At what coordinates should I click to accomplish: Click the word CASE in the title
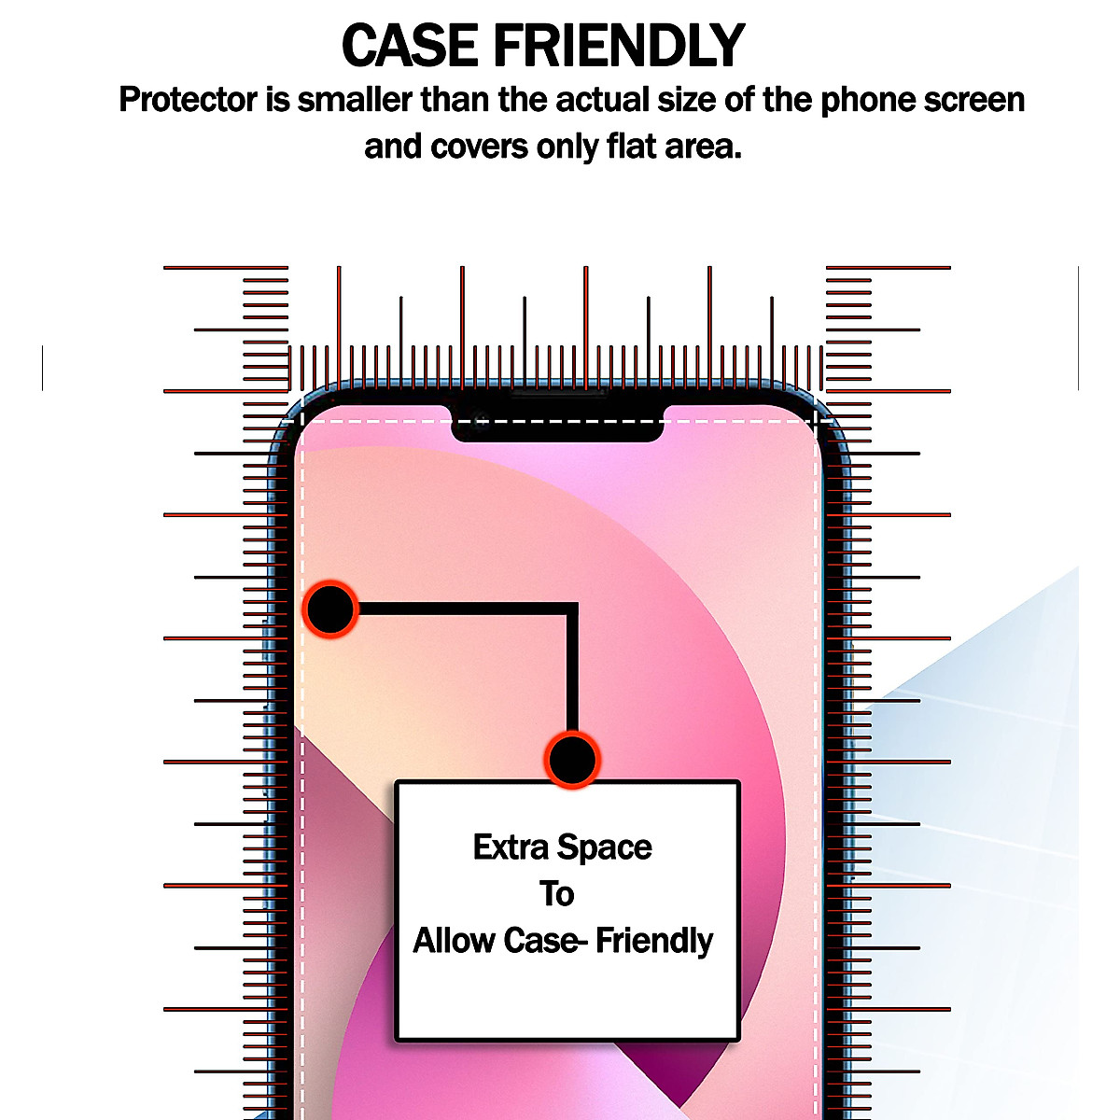tap(411, 45)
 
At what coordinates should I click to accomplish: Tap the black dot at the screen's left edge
tap(330, 609)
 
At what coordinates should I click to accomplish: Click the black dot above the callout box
tap(571, 760)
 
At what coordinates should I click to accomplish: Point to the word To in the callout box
tap(556, 894)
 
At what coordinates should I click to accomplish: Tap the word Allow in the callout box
tap(455, 941)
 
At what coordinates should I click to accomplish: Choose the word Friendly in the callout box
tap(654, 941)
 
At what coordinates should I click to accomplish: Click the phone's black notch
tap(557, 425)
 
